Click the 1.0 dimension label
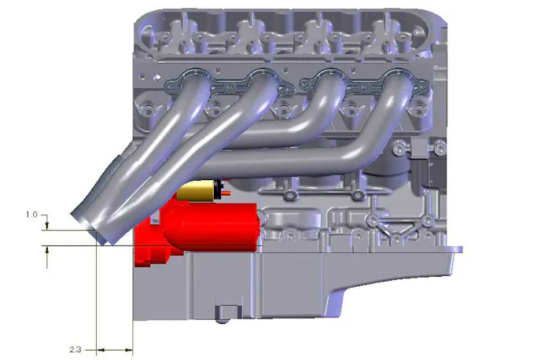31,215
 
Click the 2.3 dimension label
75,349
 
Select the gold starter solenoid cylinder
197,190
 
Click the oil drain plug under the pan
223,314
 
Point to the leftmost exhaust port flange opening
196,78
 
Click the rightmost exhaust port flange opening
399,78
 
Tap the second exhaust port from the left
263,78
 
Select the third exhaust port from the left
331,78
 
